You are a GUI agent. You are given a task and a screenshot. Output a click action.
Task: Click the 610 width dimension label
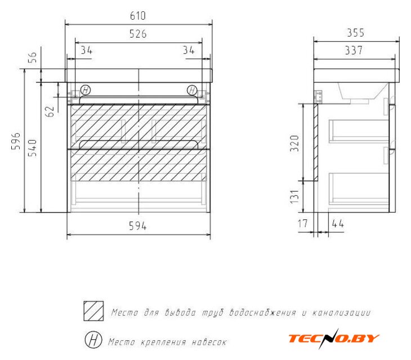[138, 16]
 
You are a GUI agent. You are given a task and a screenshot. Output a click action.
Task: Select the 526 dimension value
[138, 34]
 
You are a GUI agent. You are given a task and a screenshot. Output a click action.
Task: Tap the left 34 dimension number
[87, 50]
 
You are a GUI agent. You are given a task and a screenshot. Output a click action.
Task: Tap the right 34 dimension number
[189, 50]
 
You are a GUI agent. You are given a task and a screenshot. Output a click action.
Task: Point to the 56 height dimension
[32, 57]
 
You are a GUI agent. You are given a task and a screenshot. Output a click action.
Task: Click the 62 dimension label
[50, 111]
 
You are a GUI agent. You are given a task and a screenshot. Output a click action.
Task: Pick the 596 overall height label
[15, 141]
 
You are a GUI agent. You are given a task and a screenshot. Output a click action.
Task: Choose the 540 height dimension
[32, 148]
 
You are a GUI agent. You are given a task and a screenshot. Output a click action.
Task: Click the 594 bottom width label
[137, 226]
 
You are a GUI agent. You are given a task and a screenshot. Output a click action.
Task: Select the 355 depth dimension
[356, 33]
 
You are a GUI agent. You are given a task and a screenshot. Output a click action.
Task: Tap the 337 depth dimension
[354, 50]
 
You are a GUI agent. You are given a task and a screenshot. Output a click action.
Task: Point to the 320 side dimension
[294, 143]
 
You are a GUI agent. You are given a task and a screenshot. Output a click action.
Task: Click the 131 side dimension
[294, 196]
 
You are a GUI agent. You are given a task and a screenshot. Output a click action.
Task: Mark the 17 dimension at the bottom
[303, 224]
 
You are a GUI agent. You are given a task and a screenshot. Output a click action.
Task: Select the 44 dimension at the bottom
[338, 224]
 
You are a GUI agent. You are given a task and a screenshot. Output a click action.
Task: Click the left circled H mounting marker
[86, 91]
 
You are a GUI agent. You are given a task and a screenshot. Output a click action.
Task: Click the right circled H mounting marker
[192, 91]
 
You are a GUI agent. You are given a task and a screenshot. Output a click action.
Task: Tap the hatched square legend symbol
[93, 311]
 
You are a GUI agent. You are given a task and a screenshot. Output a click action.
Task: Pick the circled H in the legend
[93, 340]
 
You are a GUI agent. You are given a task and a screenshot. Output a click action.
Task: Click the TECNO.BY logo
[334, 339]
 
